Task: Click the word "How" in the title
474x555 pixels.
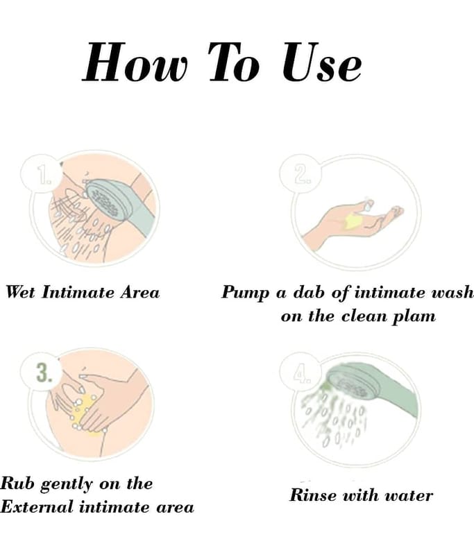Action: click(x=135, y=62)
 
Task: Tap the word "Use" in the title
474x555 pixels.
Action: click(x=322, y=62)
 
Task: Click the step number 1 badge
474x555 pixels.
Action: click(x=43, y=175)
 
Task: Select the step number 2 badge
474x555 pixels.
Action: click(x=301, y=174)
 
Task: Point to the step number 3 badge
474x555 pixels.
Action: click(x=43, y=373)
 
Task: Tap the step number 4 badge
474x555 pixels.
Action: click(x=301, y=373)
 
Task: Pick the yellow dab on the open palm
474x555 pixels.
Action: click(x=353, y=221)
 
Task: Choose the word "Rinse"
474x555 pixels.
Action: click(x=312, y=495)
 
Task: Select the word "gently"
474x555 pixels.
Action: click(x=66, y=484)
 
